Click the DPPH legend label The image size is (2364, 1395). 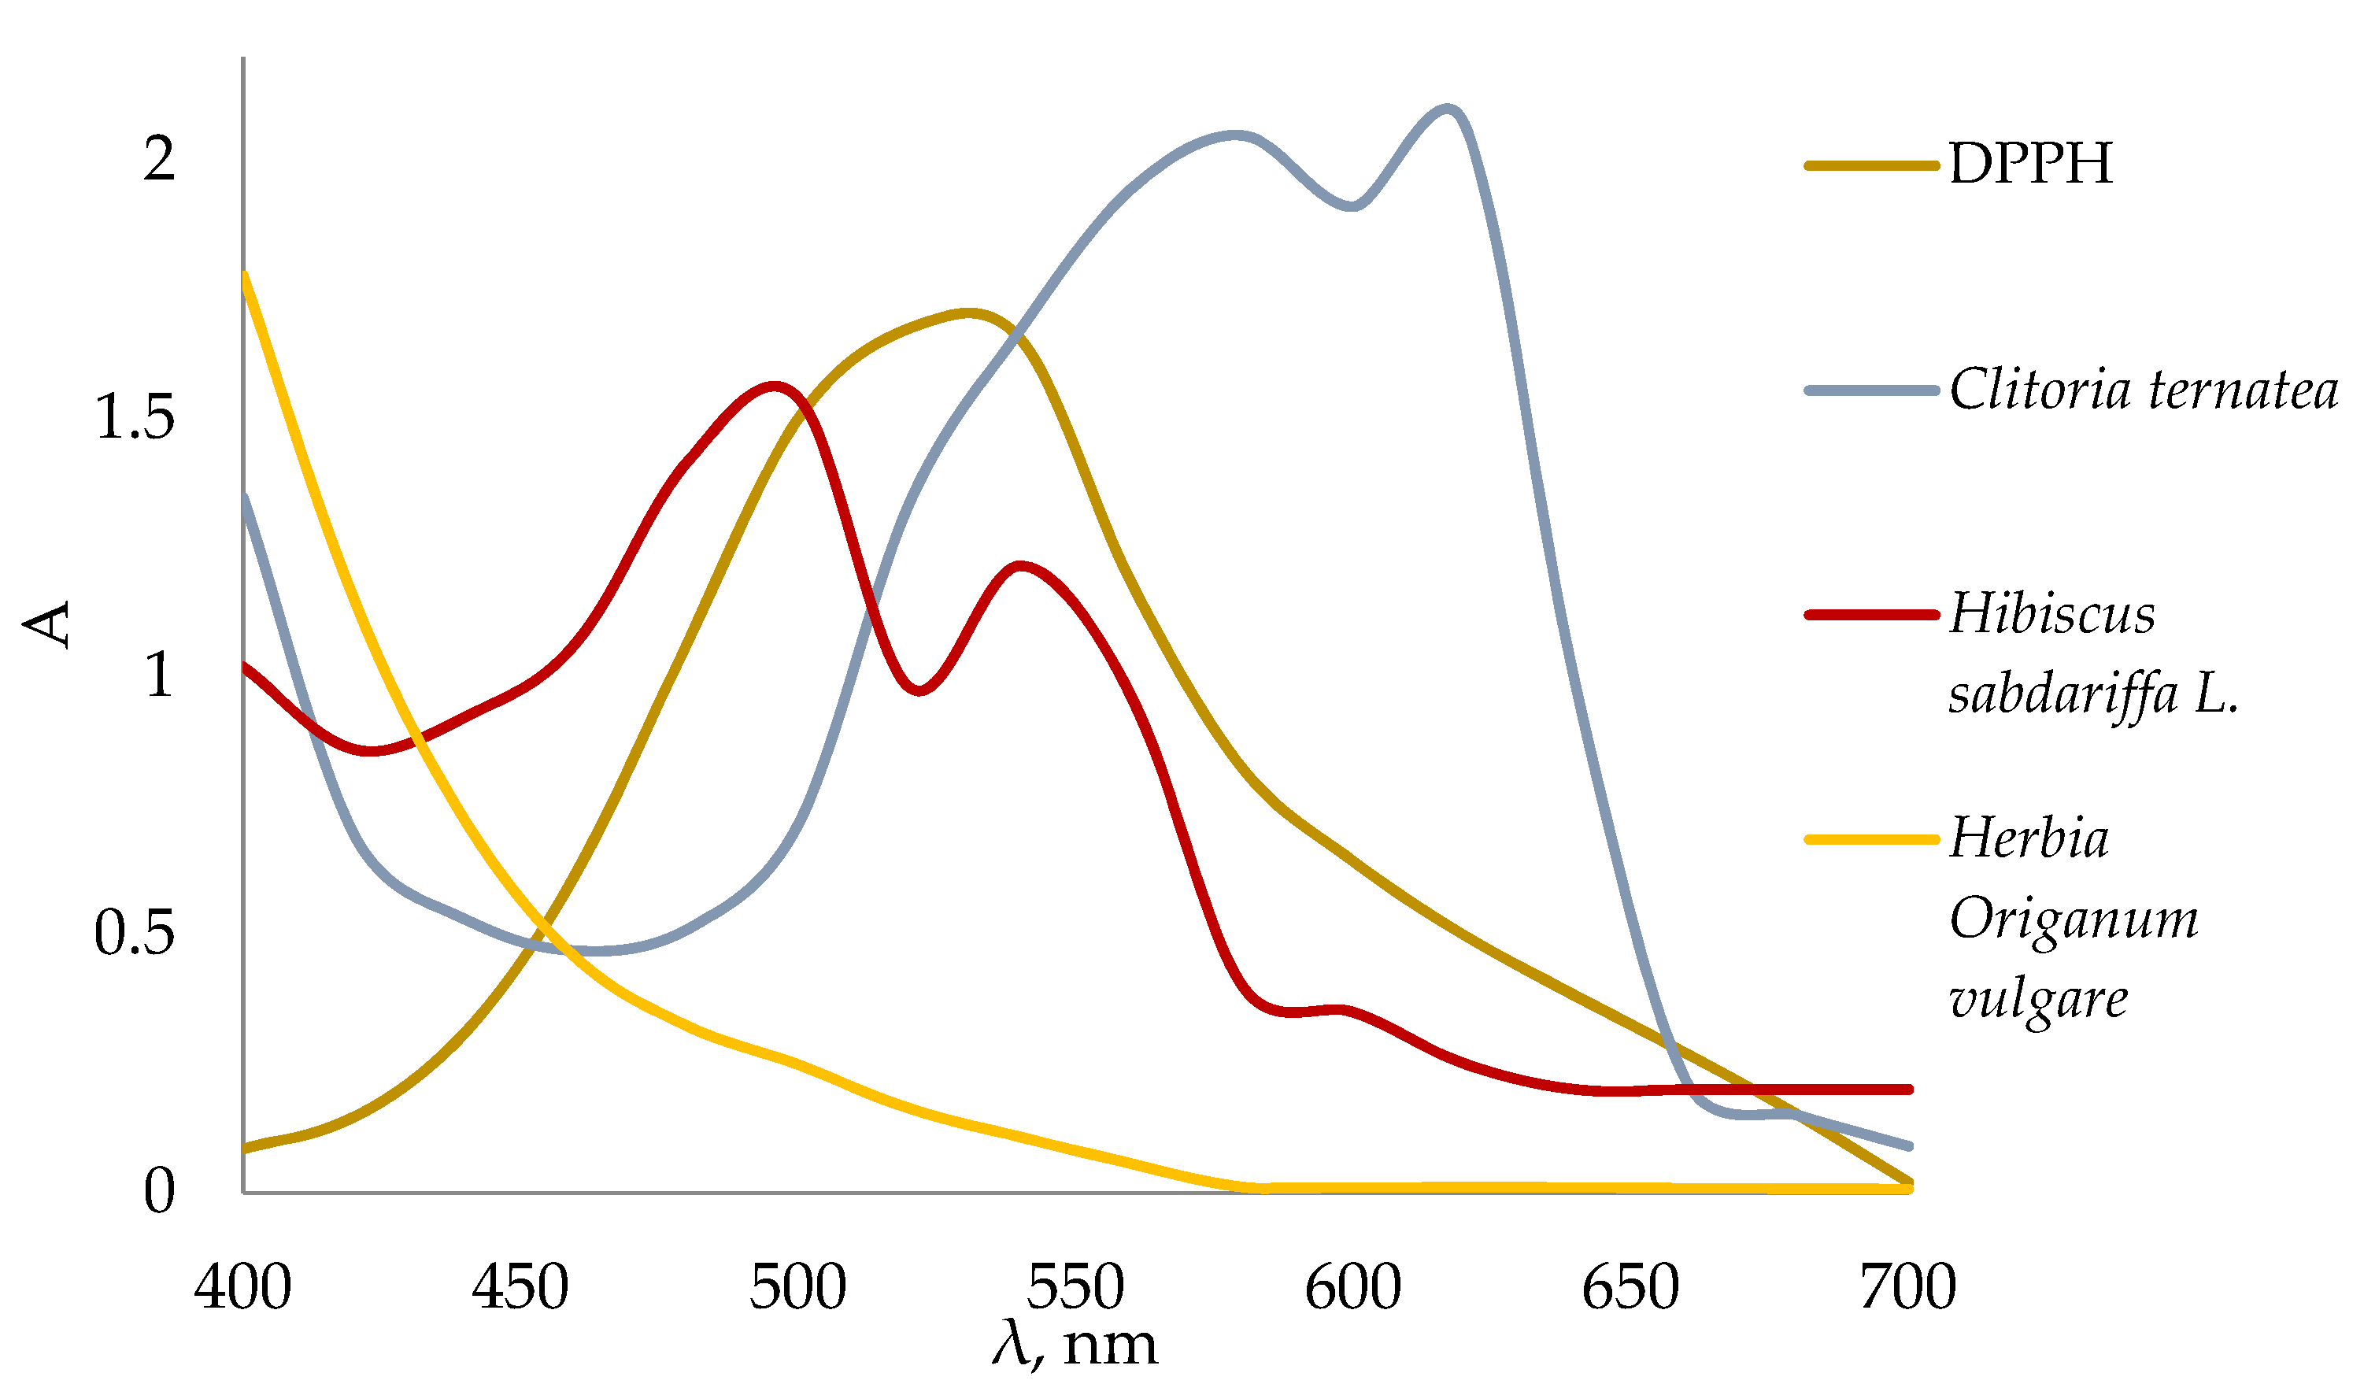click(2030, 164)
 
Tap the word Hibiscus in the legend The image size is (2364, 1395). click(2053, 615)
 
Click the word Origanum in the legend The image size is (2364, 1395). click(2074, 919)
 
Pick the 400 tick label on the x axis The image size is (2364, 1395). click(242, 1288)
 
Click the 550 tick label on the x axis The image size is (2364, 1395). click(1075, 1288)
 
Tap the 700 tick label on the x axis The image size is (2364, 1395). click(1908, 1288)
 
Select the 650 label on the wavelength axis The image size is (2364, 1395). click(1631, 1288)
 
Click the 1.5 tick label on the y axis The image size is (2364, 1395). click(135, 416)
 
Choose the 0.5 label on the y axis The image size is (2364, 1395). click(135, 934)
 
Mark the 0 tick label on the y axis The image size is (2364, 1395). click(160, 1191)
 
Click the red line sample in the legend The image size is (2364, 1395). click(1871, 615)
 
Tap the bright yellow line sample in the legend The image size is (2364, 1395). click(1871, 838)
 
